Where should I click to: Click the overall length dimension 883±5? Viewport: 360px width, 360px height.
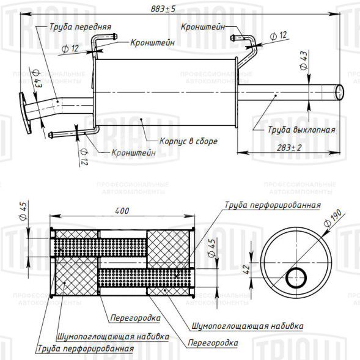tap(163, 9)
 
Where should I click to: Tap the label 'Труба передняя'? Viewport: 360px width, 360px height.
tap(80, 27)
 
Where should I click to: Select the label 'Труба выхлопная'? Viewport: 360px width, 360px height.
tap(301, 130)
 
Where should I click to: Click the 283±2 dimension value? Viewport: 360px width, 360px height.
tap(289, 148)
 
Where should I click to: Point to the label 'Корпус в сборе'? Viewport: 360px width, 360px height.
tap(188, 141)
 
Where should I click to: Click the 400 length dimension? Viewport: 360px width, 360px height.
tap(122, 211)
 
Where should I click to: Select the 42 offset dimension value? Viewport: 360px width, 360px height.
tap(246, 269)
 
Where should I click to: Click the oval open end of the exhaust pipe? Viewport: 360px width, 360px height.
tap(340, 92)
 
